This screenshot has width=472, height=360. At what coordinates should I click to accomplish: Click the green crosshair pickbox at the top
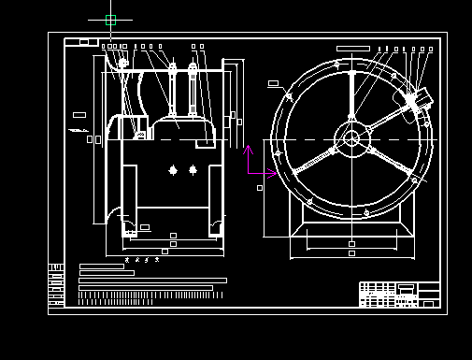pos(110,20)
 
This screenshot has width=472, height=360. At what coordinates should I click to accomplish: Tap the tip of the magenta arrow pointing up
pos(248,146)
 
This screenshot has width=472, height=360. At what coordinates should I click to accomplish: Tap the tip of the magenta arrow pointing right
pos(278,173)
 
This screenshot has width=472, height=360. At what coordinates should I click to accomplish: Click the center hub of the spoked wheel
pos(351,139)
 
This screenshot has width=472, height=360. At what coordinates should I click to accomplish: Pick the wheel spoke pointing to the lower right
pos(387,159)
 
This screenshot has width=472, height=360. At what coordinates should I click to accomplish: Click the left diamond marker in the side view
pos(173,169)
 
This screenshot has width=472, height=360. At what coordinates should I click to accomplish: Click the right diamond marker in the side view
pos(193,169)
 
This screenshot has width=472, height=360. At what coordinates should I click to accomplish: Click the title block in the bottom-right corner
pos(399,294)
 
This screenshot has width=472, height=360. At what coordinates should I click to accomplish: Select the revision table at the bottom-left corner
pos(56,285)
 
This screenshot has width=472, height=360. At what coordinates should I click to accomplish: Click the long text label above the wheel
pos(352,48)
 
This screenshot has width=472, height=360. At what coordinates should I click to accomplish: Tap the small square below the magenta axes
pos(260,188)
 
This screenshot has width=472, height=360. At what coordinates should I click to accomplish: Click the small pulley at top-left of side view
pos(122,64)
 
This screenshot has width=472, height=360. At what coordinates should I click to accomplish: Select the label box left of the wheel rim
pos(273,83)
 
